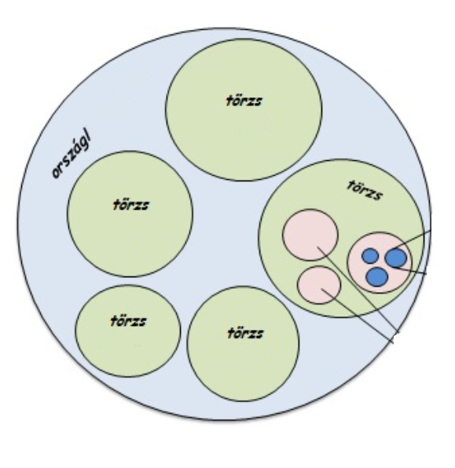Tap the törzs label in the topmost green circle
tap(244, 101)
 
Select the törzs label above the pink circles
tap(365, 190)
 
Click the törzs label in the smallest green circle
tap(128, 321)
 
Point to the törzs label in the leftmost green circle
tap(130, 205)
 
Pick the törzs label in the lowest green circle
tap(245, 333)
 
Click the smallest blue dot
tap(370, 256)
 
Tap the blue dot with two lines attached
tap(396, 258)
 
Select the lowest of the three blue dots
tap(377, 277)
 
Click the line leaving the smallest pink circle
tap(358, 316)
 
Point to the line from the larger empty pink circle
tap(358, 290)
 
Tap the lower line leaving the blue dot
tap(409, 270)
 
